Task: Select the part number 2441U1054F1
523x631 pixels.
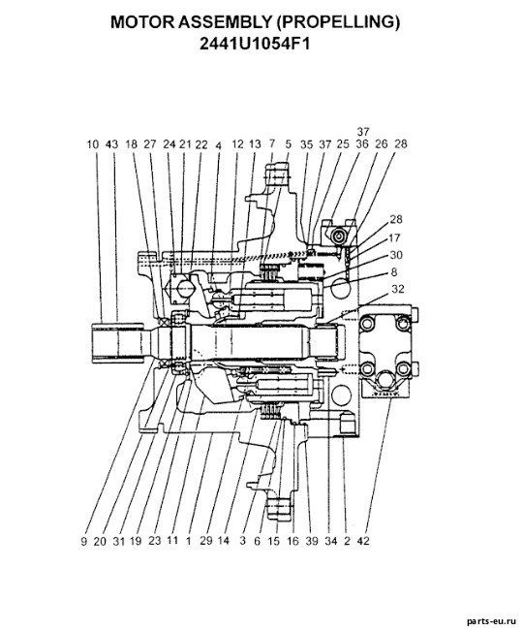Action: click(x=255, y=44)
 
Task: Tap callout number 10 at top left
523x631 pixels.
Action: click(x=93, y=144)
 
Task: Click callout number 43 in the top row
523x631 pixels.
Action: click(x=111, y=144)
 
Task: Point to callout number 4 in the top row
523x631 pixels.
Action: click(x=218, y=145)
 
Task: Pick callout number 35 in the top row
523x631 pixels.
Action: click(x=306, y=144)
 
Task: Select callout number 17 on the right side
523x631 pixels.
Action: click(x=394, y=237)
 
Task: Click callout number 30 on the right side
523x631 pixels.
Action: click(x=396, y=255)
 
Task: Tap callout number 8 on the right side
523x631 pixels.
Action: click(x=393, y=272)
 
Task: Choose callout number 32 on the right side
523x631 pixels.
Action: click(x=397, y=289)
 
